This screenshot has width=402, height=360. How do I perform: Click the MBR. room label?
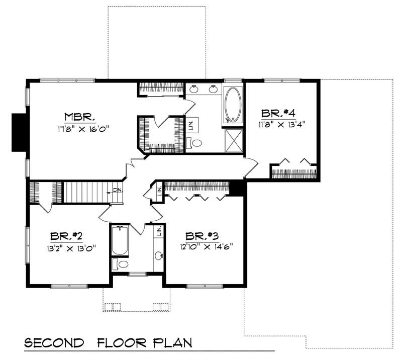coord(80,117)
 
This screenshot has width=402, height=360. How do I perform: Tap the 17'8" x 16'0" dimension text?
coord(83,128)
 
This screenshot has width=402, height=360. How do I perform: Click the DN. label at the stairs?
coord(117,190)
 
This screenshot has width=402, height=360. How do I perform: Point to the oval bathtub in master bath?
coord(233,105)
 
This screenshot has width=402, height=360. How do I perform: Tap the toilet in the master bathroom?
coord(196,143)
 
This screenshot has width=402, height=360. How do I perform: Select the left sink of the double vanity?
coord(195,89)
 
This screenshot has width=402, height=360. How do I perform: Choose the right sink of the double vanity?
coord(213,89)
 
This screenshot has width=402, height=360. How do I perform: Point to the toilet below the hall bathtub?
coord(120,264)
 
